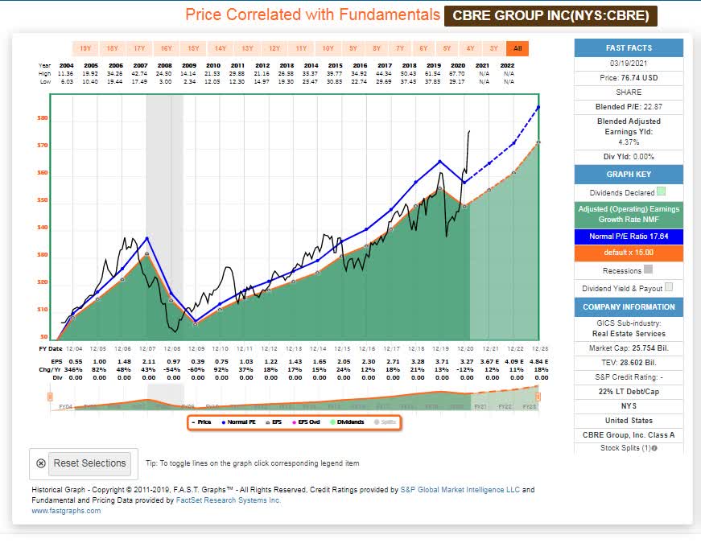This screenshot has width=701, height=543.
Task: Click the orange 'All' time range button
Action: pos(518,47)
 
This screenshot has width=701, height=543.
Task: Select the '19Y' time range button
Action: pos(84,47)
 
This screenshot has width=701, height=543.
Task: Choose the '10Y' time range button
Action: pos(327,47)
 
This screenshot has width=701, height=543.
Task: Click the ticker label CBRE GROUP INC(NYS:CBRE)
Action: pos(550,15)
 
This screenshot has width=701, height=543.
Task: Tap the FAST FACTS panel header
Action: pos(629,47)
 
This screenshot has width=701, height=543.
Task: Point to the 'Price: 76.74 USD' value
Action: pos(629,76)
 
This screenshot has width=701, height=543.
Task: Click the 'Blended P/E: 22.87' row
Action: pos(629,106)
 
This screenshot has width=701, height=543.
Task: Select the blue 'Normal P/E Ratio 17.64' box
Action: pos(629,237)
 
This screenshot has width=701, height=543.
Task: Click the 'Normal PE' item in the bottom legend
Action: pos(241,422)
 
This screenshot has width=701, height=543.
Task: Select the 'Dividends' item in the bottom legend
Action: pos(346,422)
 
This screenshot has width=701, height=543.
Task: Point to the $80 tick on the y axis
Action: pos(42,118)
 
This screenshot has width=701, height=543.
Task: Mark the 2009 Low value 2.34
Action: pos(189,80)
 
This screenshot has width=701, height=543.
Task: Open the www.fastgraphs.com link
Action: pos(65,511)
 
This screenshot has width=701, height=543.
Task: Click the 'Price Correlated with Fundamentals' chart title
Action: pos(312,15)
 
